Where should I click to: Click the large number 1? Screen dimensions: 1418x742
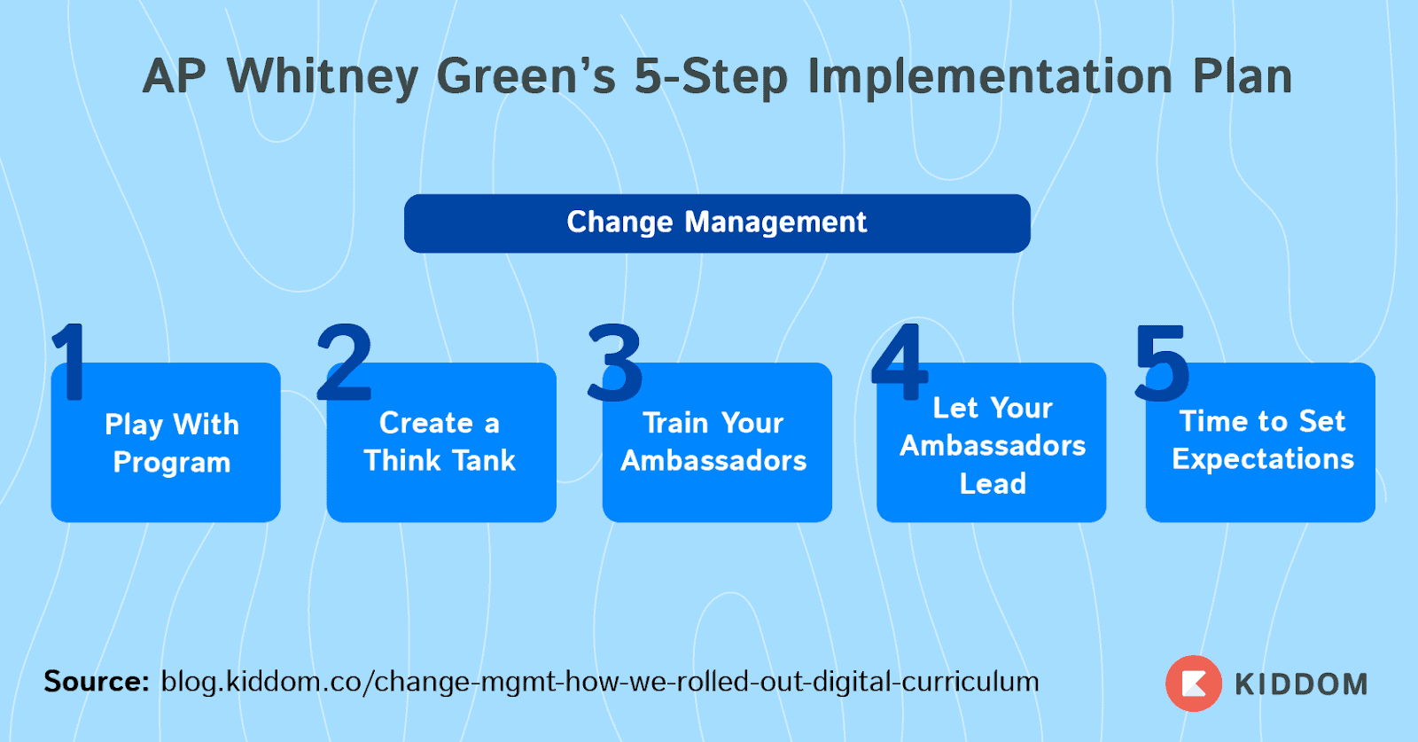(x=71, y=362)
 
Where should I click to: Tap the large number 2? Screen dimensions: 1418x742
(x=344, y=362)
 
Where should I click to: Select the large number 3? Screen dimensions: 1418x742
(x=615, y=363)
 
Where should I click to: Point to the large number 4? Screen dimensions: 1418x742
(x=899, y=362)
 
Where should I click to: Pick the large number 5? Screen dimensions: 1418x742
(x=1162, y=363)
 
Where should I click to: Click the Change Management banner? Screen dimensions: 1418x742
(x=717, y=223)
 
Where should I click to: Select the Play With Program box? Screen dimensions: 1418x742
(x=166, y=441)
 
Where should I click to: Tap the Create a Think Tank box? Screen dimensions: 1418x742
(x=441, y=441)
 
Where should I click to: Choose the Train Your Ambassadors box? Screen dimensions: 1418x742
(x=717, y=441)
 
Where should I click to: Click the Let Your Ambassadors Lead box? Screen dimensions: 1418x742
(x=992, y=441)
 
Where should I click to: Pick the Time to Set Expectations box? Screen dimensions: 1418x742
(x=1260, y=441)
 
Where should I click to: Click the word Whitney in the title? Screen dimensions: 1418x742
(x=323, y=77)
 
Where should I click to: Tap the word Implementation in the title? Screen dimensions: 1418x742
(x=989, y=77)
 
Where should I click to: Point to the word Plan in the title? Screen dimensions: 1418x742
(x=1242, y=76)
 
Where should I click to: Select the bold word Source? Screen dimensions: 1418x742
(x=97, y=681)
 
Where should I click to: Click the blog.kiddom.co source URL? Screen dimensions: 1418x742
(x=600, y=682)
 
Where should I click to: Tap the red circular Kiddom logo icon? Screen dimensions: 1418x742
(x=1193, y=683)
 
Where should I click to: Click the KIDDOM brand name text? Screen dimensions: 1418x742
(x=1301, y=684)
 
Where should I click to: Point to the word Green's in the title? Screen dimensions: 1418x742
(x=526, y=76)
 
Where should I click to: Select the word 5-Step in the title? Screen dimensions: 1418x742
(x=711, y=77)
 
